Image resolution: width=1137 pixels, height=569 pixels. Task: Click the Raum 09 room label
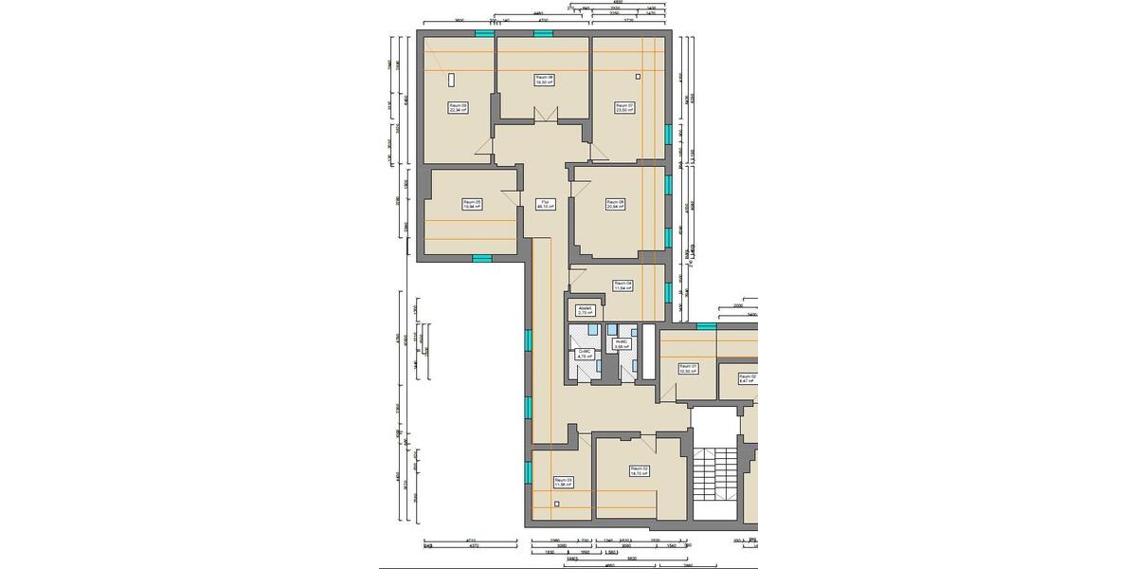459,108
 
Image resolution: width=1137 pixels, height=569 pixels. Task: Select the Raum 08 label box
544,80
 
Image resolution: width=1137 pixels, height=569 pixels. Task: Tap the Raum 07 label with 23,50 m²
623,107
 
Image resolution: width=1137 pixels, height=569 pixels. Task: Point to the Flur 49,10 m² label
545,203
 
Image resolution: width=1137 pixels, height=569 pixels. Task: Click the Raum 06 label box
615,203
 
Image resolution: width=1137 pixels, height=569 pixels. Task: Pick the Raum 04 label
623,284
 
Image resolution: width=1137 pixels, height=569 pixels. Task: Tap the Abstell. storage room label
586,310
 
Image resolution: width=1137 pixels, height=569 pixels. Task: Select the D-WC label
584,354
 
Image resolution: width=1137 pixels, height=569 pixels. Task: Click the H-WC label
622,344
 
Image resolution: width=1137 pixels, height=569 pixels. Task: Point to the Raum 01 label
688,369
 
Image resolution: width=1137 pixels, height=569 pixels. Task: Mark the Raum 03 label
564,482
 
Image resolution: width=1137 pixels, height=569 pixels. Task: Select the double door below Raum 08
544,116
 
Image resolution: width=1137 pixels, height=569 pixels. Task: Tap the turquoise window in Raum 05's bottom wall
482,257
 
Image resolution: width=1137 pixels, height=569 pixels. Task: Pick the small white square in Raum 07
638,76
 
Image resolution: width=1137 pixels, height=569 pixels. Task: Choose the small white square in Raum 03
557,503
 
